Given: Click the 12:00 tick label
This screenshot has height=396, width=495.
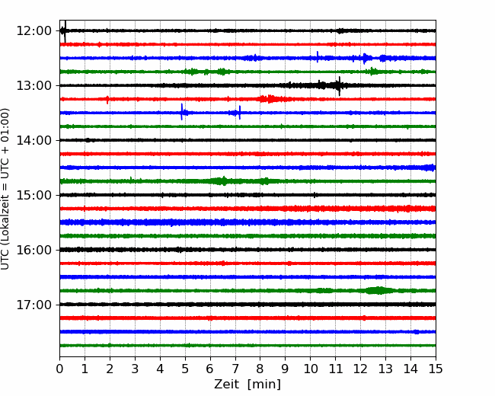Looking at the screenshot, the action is coord(34,31).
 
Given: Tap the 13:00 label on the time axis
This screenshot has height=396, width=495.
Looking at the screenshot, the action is coord(34,85).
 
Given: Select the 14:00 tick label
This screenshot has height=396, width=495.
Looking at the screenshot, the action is coord(34,140).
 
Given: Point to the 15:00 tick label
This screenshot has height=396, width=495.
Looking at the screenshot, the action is coord(34,195).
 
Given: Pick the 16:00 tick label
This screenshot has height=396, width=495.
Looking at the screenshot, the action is coord(34,250).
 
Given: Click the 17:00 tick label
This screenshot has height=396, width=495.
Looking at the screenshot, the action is coord(34,305).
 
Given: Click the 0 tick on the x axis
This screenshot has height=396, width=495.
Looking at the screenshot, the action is coord(59,369).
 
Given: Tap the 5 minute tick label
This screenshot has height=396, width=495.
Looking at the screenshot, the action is coord(185,369).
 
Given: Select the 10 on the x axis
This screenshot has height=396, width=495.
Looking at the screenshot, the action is coord(310,369).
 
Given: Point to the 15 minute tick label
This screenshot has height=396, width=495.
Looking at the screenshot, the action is coord(436,369).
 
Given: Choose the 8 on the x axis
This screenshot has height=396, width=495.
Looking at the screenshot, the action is coord(260,369).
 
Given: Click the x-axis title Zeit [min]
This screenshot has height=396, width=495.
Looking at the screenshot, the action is coord(247,384).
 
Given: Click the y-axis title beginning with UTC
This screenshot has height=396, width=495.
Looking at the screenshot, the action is coord(5,189).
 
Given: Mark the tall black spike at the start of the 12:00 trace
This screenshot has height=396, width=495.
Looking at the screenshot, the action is coord(65,31).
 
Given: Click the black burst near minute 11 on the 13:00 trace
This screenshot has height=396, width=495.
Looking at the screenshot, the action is coord(339,85).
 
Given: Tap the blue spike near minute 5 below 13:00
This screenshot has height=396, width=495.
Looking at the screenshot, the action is coord(181,112).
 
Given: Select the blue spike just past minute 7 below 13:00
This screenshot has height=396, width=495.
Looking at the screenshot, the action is coord(240,113).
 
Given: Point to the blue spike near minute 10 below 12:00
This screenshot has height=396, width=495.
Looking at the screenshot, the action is coord(318,56).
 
